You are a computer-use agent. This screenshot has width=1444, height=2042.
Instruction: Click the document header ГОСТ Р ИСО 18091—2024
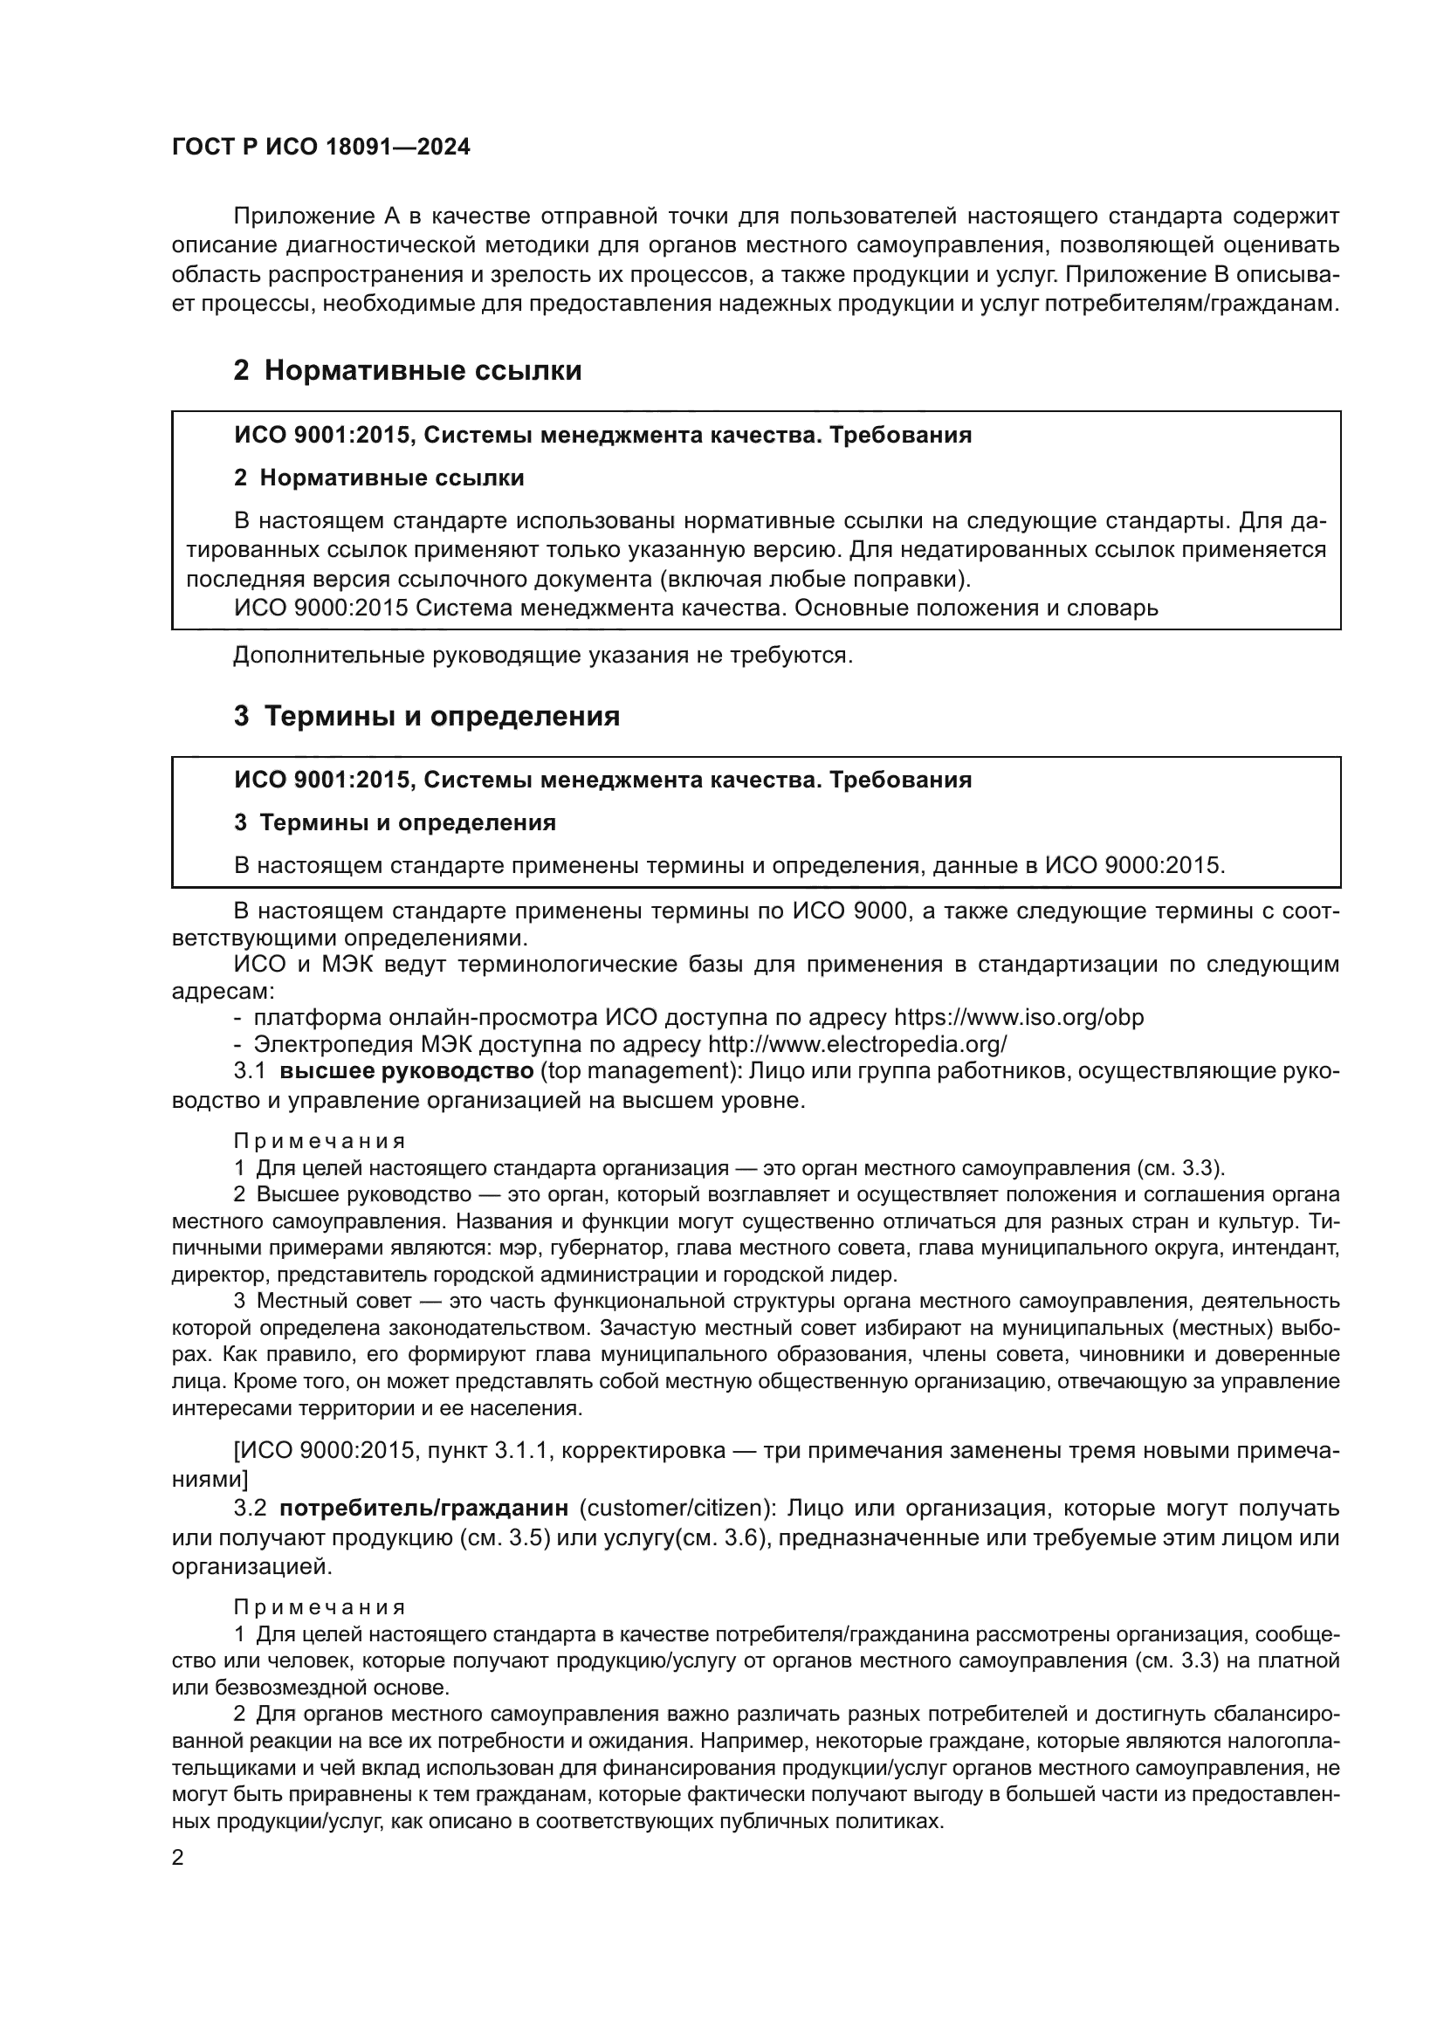(320, 148)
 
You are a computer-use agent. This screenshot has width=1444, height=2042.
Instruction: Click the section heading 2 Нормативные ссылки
(407, 370)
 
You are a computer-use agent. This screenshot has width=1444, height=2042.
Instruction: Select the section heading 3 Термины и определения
(427, 716)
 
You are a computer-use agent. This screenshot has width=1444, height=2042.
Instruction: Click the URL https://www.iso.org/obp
(1018, 1017)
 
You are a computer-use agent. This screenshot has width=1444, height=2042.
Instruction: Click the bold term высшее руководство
(406, 1071)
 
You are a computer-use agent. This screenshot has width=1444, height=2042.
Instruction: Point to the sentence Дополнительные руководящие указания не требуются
(542, 656)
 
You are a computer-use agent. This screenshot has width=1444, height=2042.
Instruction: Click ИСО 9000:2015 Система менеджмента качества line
(695, 608)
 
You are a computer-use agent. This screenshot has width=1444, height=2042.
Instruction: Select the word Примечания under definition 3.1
(320, 1141)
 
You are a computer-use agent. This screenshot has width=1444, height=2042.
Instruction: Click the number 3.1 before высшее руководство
(250, 1071)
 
